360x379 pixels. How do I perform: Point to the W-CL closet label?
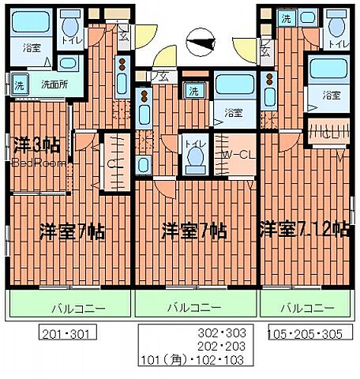point(237,154)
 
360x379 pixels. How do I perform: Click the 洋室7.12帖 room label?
point(304,230)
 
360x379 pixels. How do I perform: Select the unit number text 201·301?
point(67,333)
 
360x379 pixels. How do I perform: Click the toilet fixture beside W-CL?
point(193,156)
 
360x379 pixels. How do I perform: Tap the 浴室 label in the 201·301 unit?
point(32,47)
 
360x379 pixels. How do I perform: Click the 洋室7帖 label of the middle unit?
point(194,231)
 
